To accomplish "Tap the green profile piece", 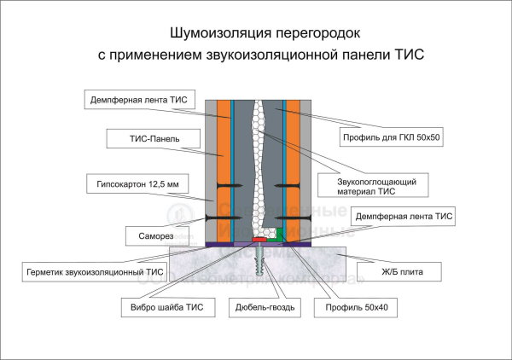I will point(279,234).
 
